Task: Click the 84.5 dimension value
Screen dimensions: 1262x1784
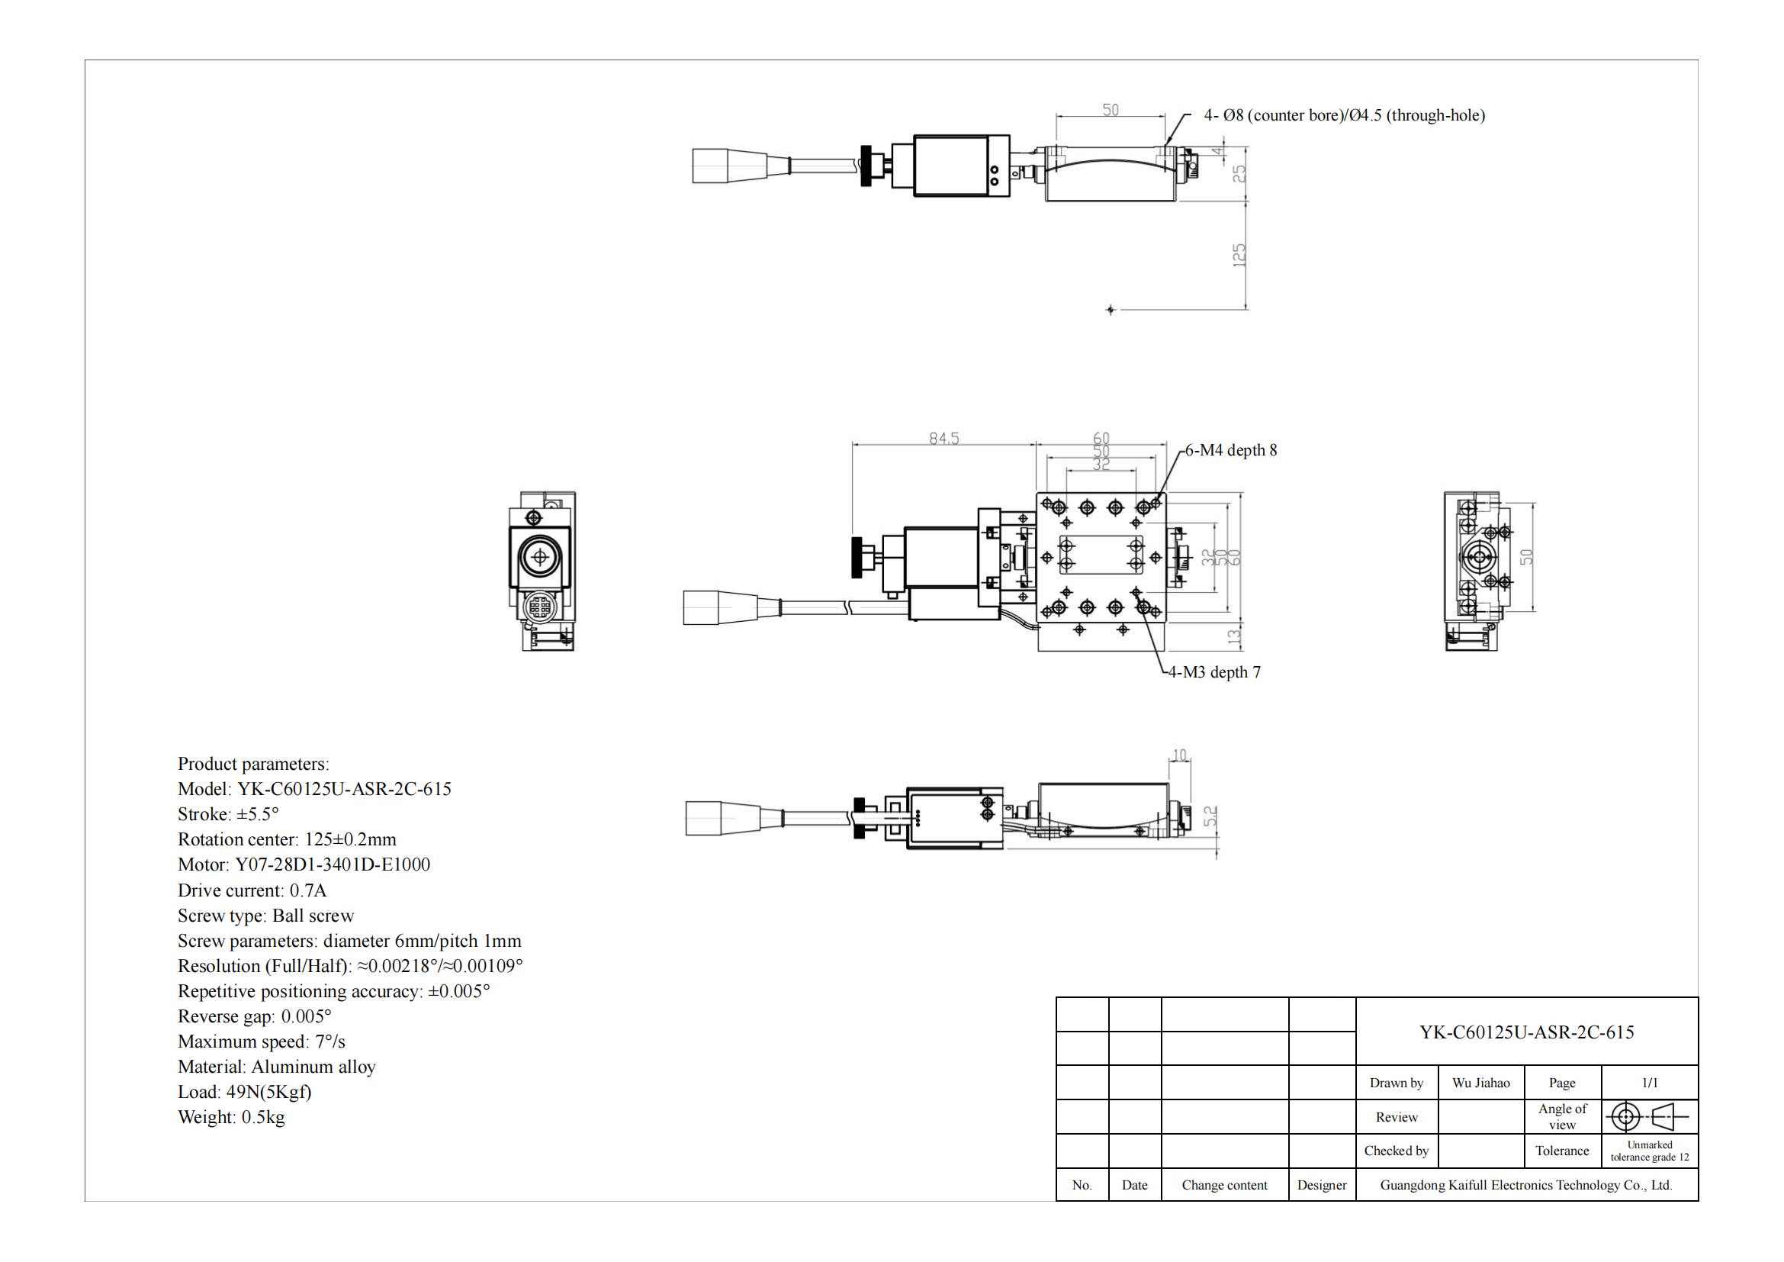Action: point(944,438)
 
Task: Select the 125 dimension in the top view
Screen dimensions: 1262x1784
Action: point(1239,255)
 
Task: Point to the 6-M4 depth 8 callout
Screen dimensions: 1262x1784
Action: point(1231,450)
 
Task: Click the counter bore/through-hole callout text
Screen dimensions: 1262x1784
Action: point(1344,115)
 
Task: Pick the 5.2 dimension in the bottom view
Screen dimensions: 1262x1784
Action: point(1210,816)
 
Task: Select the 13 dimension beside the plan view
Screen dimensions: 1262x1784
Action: point(1234,637)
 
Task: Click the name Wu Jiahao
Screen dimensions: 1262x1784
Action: point(1481,1083)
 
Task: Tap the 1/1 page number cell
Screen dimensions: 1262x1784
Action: point(1650,1083)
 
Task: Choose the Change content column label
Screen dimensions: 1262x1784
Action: point(1225,1185)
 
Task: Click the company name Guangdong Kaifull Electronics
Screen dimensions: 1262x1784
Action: point(1526,1185)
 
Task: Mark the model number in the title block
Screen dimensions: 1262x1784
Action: point(1526,1032)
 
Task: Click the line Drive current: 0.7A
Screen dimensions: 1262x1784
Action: point(252,890)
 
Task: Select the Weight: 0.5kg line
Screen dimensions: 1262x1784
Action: point(232,1117)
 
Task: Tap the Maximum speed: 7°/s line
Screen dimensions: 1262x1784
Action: point(261,1041)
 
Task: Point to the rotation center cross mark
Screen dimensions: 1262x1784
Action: point(1111,310)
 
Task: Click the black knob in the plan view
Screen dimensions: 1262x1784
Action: point(858,557)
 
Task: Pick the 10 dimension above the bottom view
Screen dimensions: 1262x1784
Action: point(1179,755)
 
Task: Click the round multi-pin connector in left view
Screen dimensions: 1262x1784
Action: point(539,605)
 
